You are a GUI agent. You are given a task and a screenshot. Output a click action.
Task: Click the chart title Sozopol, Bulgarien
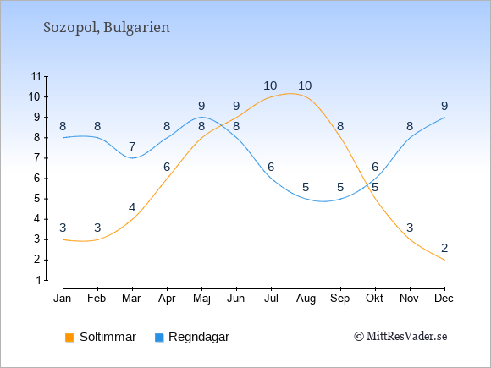107,28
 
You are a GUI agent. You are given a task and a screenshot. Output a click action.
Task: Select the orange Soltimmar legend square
69,338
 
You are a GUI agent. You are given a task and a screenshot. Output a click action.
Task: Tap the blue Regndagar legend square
159,338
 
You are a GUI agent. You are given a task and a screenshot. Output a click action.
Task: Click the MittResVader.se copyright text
400,337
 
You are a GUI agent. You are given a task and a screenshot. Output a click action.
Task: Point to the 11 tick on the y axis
36,76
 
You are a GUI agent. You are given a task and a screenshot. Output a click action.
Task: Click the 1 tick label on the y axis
38,280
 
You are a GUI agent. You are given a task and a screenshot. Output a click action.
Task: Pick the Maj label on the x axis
201,299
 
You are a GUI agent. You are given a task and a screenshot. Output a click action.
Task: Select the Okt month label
374,299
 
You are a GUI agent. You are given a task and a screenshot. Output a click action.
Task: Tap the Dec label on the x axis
444,299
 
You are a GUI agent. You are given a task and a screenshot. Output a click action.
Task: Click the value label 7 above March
132,146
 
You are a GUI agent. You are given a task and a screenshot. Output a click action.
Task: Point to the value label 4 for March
132,207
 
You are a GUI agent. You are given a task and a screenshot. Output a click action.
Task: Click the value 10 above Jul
270,85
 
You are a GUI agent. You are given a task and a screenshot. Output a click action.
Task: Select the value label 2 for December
444,248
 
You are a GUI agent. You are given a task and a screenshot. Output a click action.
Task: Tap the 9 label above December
444,106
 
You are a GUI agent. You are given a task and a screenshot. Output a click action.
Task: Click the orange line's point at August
306,97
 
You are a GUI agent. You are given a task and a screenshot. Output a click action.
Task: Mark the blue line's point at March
132,158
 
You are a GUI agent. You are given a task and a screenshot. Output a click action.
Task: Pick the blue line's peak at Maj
201,118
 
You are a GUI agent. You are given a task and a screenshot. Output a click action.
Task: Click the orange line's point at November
410,239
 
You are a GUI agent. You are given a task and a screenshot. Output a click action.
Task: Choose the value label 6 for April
167,168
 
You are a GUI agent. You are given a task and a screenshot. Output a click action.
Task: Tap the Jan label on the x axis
63,299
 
